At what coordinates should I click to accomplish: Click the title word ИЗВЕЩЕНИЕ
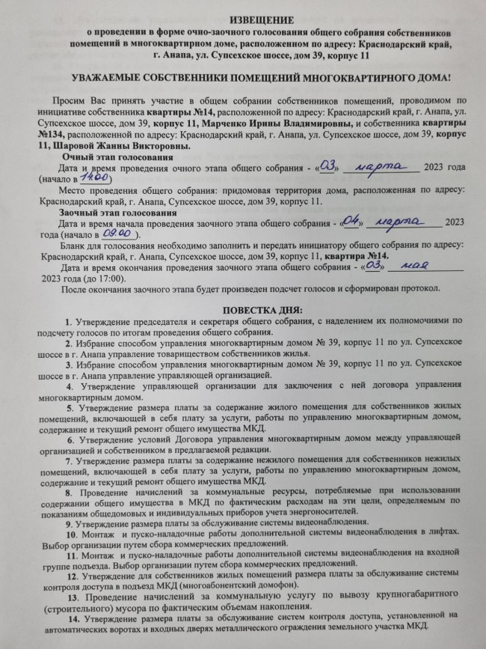242,20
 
